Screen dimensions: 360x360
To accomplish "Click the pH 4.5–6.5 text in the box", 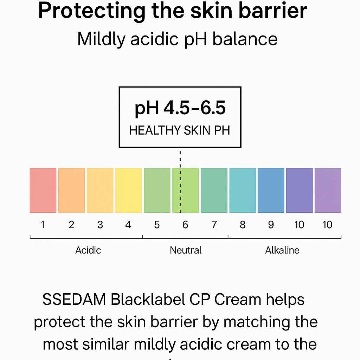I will point(180,109).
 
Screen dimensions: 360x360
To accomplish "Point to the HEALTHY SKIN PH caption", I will point(180,131).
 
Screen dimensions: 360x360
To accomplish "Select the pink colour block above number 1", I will point(43,190).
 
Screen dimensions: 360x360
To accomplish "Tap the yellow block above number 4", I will point(128,190).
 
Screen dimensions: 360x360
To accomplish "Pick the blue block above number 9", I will point(271,190).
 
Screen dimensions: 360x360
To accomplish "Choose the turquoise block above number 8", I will point(242,190).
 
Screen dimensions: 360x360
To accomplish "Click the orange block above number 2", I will point(71,190).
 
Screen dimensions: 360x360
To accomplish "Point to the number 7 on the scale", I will point(214,225).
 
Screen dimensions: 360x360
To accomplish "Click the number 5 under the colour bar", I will point(157,225).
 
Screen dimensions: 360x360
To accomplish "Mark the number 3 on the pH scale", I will point(100,225).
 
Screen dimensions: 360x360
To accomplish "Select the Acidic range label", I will point(88,250).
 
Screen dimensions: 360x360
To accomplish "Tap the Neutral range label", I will point(186,250).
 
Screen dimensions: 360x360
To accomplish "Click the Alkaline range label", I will point(282,250).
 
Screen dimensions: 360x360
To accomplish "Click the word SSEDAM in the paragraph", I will point(74,300).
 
